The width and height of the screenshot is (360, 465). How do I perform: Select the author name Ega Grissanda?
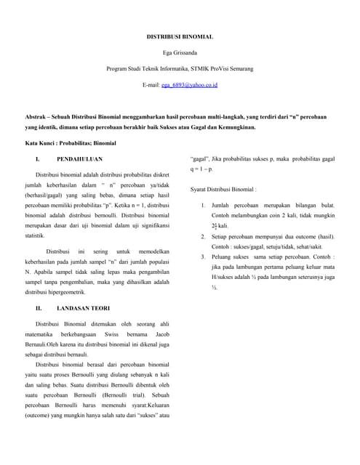(x=180, y=52)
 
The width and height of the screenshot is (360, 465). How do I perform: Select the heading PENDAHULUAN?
(x=79, y=158)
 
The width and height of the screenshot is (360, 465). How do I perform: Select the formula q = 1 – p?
(x=201, y=169)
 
